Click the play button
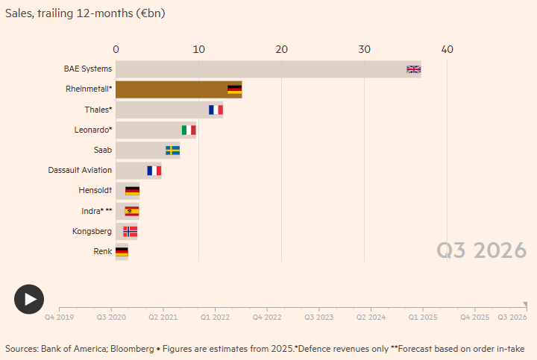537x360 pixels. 29,299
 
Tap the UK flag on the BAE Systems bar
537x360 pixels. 414,69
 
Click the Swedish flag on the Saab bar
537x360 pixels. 172,151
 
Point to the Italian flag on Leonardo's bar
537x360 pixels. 189,130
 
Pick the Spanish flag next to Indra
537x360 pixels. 132,211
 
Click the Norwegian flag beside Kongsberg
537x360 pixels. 131,231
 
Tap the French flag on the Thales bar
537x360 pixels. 216,110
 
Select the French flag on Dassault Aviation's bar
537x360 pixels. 154,171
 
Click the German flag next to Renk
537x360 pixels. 121,252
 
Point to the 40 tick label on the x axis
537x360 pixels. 447,49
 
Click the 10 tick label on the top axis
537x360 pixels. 198,49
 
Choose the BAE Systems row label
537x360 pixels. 87,69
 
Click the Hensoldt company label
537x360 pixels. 95,191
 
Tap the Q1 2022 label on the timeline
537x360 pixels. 215,318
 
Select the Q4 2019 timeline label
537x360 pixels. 59,318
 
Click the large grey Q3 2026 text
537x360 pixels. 481,251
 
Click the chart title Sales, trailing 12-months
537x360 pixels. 85,13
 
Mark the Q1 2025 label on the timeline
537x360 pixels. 422,318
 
